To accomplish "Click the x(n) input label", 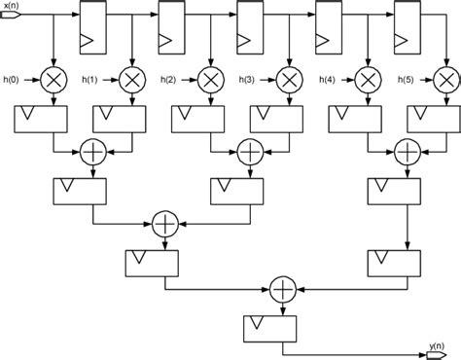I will (x=15, y=6).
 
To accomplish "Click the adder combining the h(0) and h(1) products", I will (x=93, y=151).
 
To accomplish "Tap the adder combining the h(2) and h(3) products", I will (x=250, y=151).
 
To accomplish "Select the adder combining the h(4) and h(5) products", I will (x=407, y=151).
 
